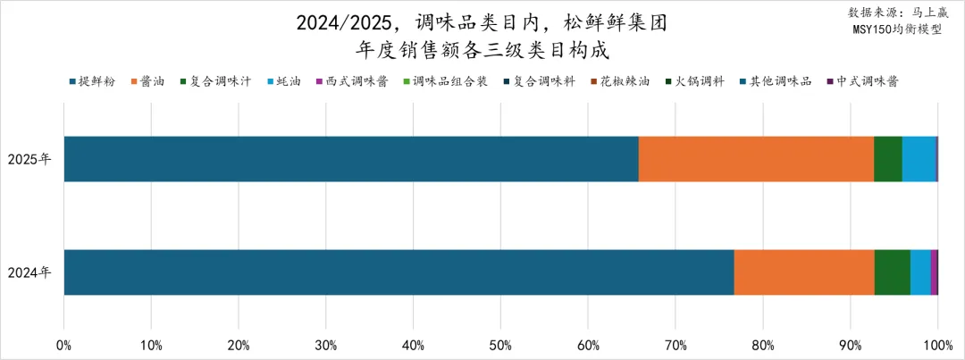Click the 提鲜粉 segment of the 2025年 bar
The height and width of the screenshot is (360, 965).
(x=351, y=159)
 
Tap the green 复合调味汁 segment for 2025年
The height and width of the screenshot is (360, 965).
(x=887, y=159)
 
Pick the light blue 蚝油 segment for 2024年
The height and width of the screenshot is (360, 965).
(x=919, y=272)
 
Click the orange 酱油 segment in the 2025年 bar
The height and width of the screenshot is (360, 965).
(x=756, y=159)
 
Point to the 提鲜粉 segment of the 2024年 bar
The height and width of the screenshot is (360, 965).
(x=399, y=272)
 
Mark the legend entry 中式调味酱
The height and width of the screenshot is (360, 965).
(x=865, y=81)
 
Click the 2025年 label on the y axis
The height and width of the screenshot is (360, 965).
(x=29, y=159)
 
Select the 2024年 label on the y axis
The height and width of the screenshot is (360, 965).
(x=29, y=272)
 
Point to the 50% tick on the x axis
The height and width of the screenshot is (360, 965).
(x=500, y=345)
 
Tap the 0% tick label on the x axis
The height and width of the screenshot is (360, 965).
(x=63, y=345)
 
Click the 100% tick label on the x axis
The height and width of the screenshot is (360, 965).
(x=936, y=345)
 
